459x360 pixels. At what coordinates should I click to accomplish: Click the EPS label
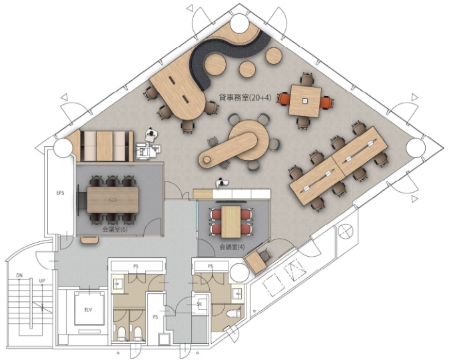(x=60, y=193)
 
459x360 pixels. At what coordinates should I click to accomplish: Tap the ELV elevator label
(x=88, y=310)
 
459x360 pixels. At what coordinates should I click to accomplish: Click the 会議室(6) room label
(x=115, y=229)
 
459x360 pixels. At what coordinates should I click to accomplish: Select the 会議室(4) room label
(x=232, y=247)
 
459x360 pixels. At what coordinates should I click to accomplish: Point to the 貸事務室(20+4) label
(x=244, y=97)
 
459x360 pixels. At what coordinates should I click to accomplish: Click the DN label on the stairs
(x=19, y=275)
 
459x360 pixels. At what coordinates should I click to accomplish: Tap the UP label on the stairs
(x=42, y=281)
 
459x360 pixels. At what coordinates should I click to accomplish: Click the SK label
(x=200, y=305)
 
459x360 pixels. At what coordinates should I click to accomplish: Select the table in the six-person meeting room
(x=113, y=200)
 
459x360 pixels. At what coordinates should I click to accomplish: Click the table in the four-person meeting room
(x=231, y=222)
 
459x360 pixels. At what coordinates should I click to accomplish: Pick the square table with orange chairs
(x=304, y=101)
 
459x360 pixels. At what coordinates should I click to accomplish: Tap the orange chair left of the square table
(x=283, y=99)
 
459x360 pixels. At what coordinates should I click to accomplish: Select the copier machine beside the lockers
(x=148, y=151)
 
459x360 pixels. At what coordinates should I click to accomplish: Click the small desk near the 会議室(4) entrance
(x=256, y=263)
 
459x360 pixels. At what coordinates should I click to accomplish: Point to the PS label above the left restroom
(x=136, y=266)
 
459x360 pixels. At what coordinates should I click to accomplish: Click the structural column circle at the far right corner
(x=416, y=147)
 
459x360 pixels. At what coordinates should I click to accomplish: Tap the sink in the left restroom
(x=118, y=283)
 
